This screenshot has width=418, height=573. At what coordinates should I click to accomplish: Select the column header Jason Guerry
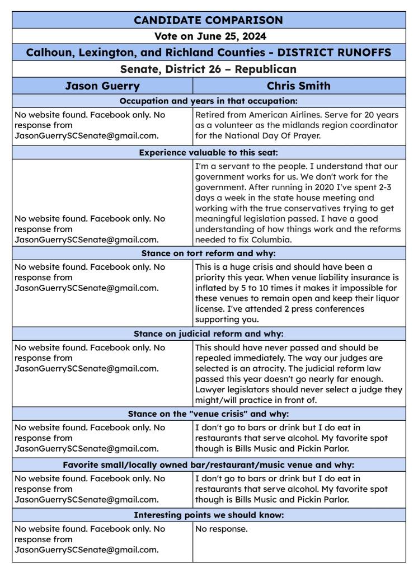[x=102, y=86]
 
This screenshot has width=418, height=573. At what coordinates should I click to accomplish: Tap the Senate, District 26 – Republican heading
[x=209, y=69]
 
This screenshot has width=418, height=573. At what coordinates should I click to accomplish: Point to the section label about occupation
[x=209, y=101]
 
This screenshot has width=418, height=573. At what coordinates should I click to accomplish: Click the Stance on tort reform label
[x=209, y=253]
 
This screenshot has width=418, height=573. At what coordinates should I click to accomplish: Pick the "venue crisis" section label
[x=209, y=415]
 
